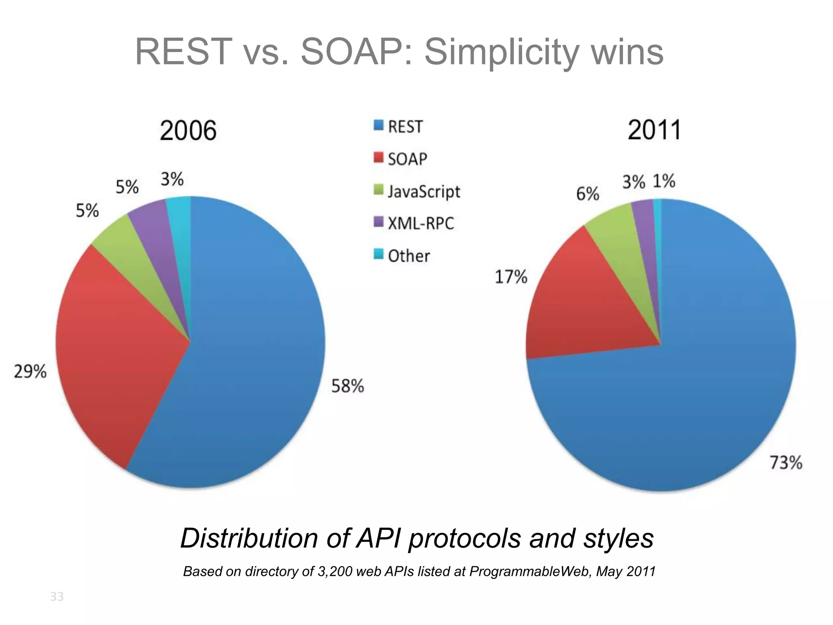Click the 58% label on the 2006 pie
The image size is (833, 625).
point(347,386)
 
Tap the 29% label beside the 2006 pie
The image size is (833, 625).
point(30,372)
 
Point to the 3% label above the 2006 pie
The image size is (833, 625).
point(172,179)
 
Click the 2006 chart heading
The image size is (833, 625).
point(188,131)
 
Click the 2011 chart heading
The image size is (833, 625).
point(654,130)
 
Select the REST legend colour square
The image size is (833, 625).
point(378,125)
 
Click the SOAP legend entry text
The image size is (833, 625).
point(407,159)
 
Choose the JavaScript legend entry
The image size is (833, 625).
point(423,191)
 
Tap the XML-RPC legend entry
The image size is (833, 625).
point(421,223)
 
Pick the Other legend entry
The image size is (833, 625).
point(408,256)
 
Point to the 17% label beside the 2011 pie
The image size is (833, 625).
point(511,277)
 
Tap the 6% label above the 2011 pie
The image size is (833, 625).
point(587,194)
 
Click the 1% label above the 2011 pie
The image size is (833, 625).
point(664,181)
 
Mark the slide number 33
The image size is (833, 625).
point(57,597)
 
